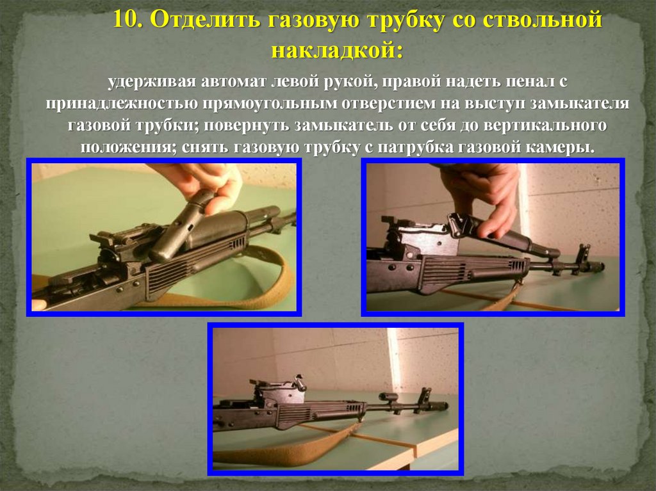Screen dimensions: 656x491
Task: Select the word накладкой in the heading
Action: click(x=337, y=50)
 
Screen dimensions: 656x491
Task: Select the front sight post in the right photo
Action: click(x=582, y=257)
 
